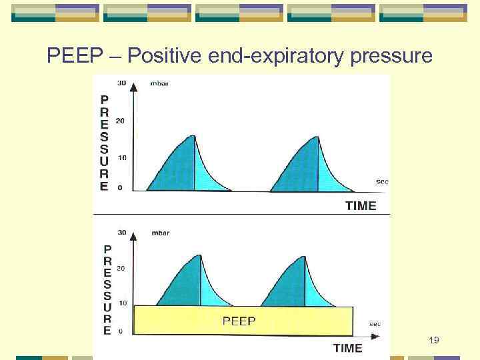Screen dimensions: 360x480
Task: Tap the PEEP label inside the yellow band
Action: [x=239, y=321]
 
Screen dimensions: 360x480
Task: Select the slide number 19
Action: [x=433, y=341]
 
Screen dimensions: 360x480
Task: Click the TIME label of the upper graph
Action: [x=360, y=206]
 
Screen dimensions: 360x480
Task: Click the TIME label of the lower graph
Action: [x=347, y=348]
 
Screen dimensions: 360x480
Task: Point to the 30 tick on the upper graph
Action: [x=121, y=83]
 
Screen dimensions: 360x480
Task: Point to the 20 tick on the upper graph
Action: [x=121, y=121]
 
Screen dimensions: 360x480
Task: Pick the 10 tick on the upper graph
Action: [x=121, y=158]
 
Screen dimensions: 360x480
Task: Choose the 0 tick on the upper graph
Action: [x=120, y=188]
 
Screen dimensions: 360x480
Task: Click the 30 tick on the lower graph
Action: [x=121, y=233]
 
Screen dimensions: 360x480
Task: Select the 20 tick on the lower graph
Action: [x=121, y=268]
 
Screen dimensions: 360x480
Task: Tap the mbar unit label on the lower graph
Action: [x=151, y=234]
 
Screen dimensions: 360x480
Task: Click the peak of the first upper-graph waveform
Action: [x=193, y=136]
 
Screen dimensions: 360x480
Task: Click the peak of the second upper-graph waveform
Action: [x=317, y=136]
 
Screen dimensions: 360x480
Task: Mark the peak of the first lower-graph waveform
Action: [x=199, y=255]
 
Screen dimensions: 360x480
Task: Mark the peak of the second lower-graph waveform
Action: [x=305, y=256]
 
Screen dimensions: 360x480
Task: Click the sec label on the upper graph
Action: [x=382, y=181]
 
